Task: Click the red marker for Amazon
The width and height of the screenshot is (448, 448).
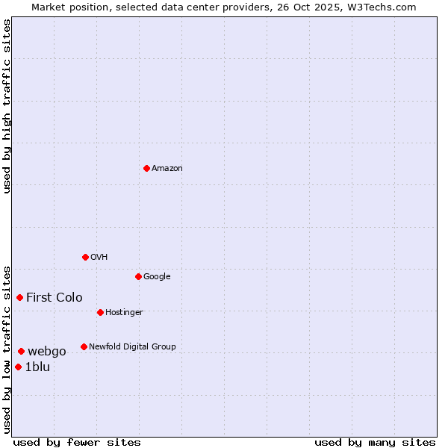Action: tap(146, 168)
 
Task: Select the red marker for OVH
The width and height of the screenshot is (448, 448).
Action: tap(85, 257)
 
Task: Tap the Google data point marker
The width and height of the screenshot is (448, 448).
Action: tap(138, 276)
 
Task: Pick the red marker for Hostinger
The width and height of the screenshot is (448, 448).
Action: tap(100, 312)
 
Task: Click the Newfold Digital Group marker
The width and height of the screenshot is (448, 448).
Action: tap(84, 346)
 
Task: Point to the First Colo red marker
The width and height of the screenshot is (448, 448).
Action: tap(19, 297)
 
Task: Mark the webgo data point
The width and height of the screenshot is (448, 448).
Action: tap(21, 351)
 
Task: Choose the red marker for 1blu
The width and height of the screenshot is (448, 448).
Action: tap(18, 367)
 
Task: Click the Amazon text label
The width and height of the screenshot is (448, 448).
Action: tap(167, 168)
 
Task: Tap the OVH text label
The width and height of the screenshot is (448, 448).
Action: tap(99, 257)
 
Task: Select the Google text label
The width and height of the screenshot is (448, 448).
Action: tap(157, 276)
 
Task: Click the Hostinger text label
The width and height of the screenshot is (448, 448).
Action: tap(124, 312)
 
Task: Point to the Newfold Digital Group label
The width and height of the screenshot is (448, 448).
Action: tap(132, 346)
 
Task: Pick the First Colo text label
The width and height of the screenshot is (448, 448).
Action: tap(55, 297)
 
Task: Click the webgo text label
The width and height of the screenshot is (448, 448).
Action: tap(47, 351)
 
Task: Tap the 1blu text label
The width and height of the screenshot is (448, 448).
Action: tap(37, 367)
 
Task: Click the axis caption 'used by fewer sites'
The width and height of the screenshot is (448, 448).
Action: tap(77, 442)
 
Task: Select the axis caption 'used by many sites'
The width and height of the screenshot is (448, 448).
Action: tap(375, 442)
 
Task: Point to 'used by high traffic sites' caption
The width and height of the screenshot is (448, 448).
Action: tap(7, 106)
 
